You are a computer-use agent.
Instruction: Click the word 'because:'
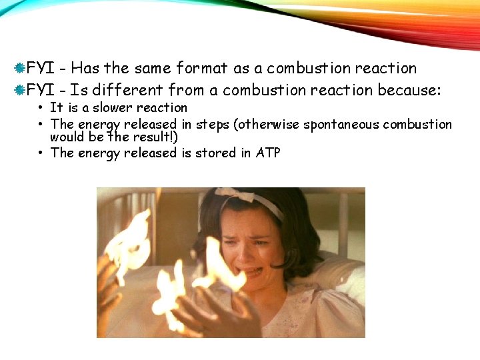pyautogui.click(x=409, y=89)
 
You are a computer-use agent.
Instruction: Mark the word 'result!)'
pyautogui.click(x=156, y=137)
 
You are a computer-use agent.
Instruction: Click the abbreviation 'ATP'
pyautogui.click(x=268, y=153)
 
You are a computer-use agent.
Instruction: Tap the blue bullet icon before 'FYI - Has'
pyautogui.click(x=21, y=68)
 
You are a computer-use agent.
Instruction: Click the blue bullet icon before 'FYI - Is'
pyautogui.click(x=21, y=89)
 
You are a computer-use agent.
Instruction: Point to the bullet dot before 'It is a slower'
pyautogui.click(x=41, y=108)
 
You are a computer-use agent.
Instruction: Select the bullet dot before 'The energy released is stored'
pyautogui.click(x=41, y=153)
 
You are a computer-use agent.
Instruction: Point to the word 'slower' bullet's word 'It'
pyautogui.click(x=56, y=107)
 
